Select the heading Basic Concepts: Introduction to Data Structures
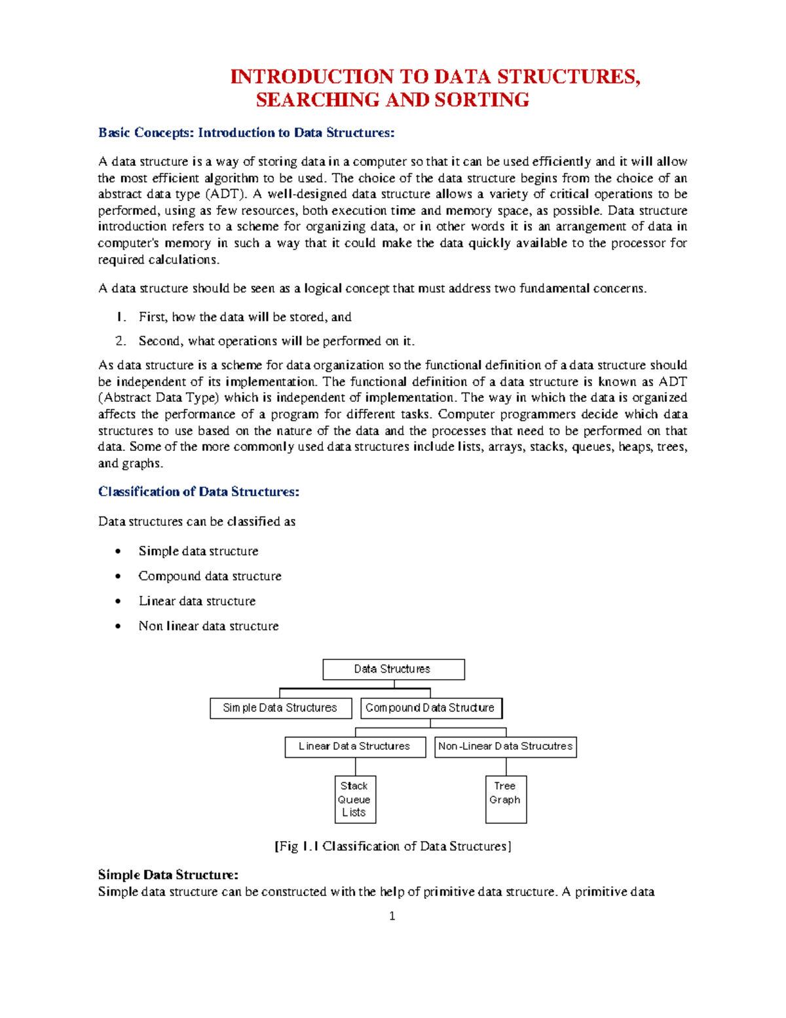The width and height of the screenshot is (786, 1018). click(x=246, y=133)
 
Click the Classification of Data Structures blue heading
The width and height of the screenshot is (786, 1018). click(x=198, y=492)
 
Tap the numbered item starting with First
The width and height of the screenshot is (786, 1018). click(x=244, y=317)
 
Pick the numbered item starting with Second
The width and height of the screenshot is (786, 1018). click(x=276, y=341)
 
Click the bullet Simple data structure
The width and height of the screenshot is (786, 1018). click(x=198, y=551)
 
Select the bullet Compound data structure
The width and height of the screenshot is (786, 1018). click(x=210, y=576)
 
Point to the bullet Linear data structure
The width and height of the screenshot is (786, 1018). click(x=196, y=601)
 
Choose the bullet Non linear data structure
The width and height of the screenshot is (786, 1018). click(x=208, y=626)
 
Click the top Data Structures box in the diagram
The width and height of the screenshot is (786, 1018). click(x=393, y=669)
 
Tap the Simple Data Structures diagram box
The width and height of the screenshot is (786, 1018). click(x=280, y=708)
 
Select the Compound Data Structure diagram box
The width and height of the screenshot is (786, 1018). click(x=431, y=708)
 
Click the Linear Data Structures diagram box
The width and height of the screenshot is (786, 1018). click(x=354, y=747)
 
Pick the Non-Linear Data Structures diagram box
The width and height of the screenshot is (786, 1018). click(x=505, y=747)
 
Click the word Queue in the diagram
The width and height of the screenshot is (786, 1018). click(x=354, y=800)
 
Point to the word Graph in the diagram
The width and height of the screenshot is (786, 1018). click(x=505, y=800)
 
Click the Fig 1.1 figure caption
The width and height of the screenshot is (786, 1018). click(x=392, y=846)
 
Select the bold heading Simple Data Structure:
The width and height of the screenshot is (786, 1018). click(x=168, y=875)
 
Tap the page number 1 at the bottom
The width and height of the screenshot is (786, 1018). click(x=392, y=916)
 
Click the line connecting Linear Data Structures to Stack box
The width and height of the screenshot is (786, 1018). click(x=356, y=767)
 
